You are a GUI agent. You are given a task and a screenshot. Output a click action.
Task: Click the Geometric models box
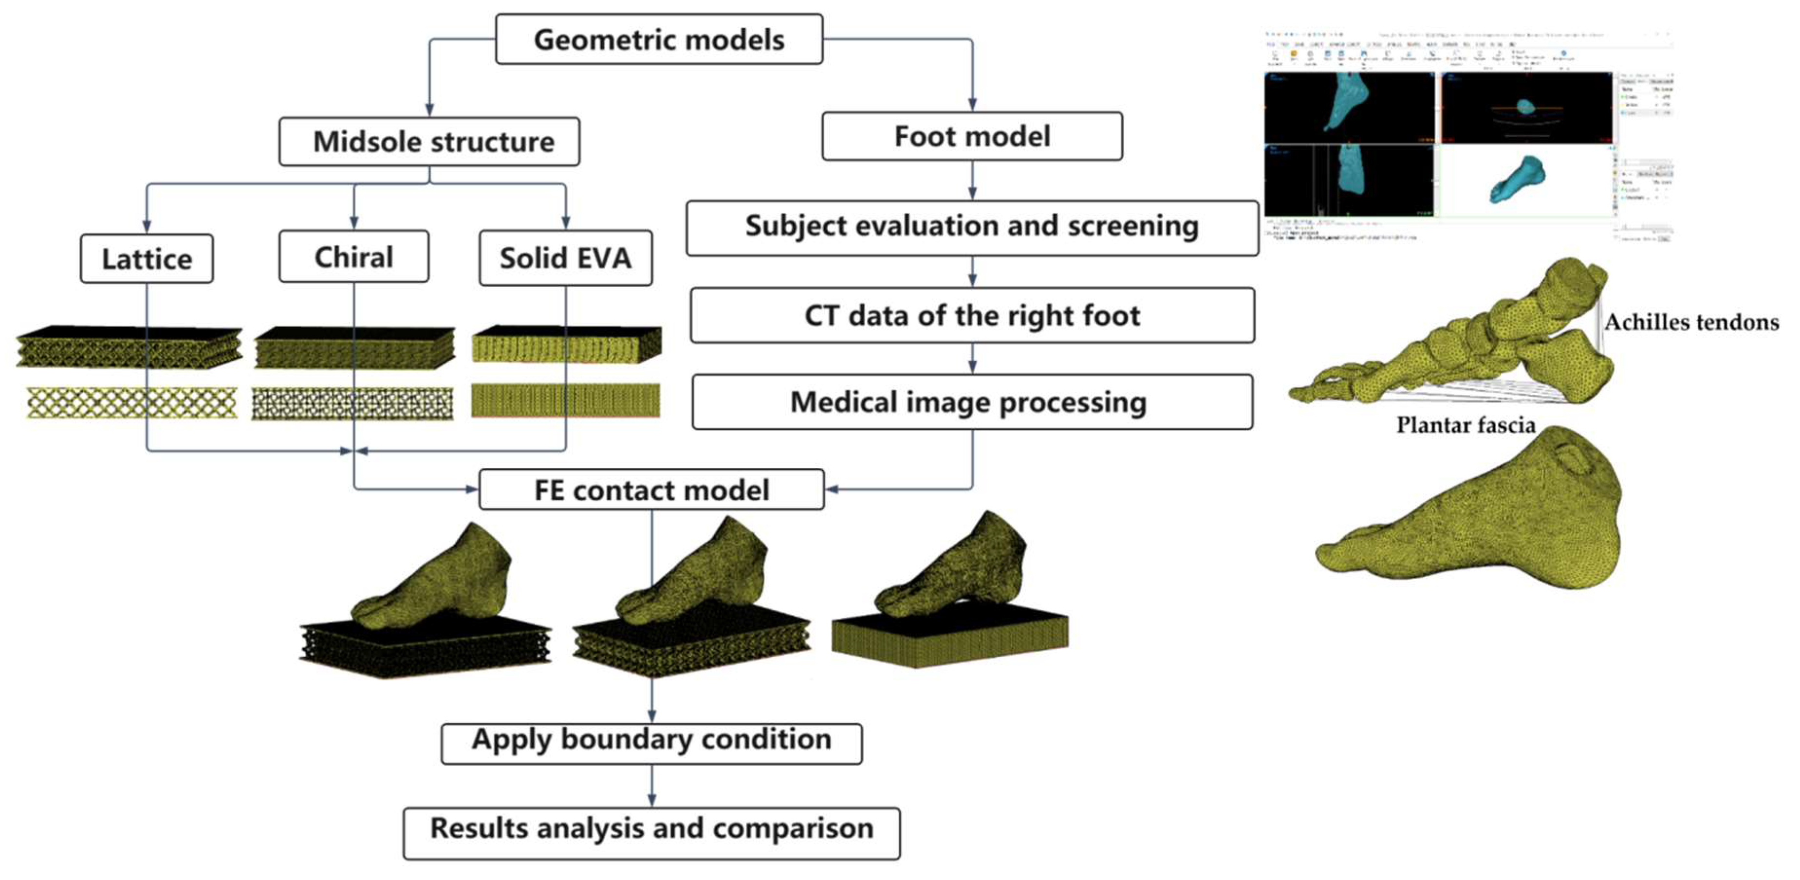(x=659, y=40)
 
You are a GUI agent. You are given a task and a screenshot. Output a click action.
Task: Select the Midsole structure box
(x=429, y=142)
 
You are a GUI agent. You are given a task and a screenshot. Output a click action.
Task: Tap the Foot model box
(x=972, y=136)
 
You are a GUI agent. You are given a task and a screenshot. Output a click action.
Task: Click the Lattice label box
(x=147, y=259)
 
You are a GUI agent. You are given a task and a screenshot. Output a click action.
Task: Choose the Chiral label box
(x=353, y=257)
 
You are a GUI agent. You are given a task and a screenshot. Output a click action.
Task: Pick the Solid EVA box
(x=565, y=258)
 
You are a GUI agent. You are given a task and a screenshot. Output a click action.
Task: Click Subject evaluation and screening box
(x=972, y=227)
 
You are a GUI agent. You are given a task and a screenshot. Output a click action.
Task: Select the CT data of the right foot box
(x=972, y=316)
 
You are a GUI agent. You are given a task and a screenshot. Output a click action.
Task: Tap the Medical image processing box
(x=972, y=403)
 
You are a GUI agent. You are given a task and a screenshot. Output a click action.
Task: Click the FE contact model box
(x=651, y=490)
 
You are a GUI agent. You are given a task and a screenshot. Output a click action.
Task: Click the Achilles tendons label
(x=1691, y=323)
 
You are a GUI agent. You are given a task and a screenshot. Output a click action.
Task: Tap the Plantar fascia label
(x=1466, y=425)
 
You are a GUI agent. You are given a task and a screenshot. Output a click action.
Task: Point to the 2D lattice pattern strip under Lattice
(x=131, y=403)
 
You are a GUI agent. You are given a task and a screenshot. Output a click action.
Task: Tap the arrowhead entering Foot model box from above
(x=972, y=105)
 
